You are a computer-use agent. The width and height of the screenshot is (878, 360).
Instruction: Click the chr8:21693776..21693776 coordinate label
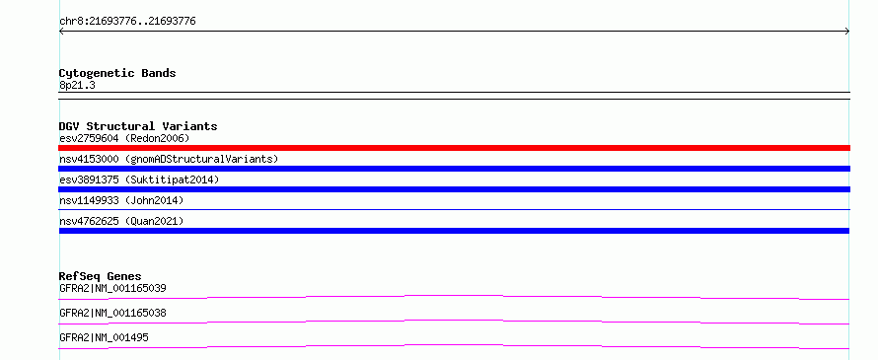127,22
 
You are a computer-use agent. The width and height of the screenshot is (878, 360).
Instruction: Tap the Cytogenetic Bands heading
117,73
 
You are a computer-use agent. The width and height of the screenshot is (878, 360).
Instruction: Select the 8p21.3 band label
77,85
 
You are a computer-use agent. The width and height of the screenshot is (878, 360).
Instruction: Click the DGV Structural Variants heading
138,126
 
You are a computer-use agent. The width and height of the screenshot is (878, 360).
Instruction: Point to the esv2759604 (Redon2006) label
124,138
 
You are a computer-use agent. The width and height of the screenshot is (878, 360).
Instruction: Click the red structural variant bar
454,148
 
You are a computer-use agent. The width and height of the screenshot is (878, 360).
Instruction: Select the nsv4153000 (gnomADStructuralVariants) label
169,159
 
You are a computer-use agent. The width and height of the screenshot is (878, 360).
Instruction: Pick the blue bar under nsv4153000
454,169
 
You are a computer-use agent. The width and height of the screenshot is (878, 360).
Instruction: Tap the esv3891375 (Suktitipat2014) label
139,180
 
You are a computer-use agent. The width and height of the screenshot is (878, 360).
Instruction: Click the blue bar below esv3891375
454,189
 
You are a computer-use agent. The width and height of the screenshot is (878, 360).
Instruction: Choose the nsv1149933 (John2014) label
121,200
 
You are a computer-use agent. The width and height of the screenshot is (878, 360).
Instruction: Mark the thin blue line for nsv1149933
454,210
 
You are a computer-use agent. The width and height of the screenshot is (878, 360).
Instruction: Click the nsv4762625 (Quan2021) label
121,221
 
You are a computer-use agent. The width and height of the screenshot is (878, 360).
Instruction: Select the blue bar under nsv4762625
454,231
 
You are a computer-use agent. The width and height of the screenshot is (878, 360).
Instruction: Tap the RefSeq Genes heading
101,276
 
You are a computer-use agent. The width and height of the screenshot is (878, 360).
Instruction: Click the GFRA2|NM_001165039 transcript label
112,288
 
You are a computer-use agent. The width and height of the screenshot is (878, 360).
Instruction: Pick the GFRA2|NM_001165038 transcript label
112,313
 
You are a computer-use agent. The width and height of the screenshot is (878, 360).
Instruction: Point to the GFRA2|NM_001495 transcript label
104,337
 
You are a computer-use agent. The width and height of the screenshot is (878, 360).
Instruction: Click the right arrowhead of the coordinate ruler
848,32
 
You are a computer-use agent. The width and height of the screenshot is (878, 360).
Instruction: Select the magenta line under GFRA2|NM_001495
454,346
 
